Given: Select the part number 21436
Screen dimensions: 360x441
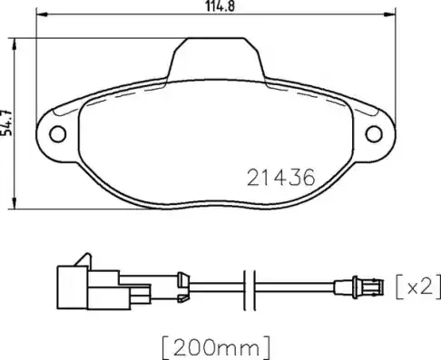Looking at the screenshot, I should (280, 179).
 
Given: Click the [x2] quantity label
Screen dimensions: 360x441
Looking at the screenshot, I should (416, 287).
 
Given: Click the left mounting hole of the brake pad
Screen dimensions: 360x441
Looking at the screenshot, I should (57, 135).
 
